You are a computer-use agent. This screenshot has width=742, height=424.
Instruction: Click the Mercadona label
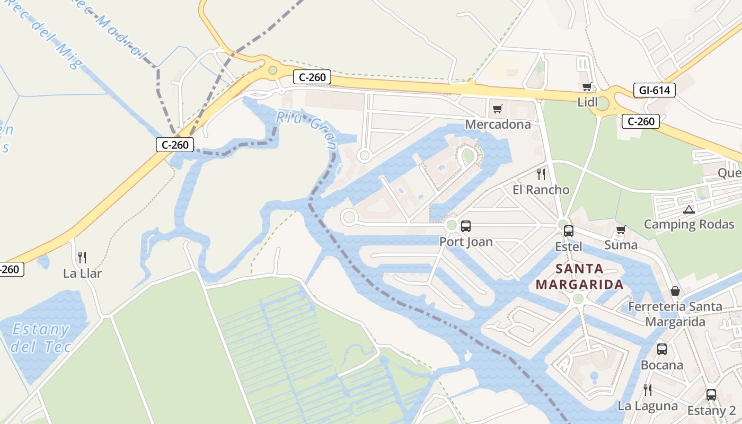pyautogui.click(x=498, y=124)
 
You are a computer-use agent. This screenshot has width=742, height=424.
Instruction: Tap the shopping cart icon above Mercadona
pyautogui.click(x=497, y=109)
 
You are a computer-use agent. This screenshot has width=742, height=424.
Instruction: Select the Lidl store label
pyautogui.click(x=587, y=102)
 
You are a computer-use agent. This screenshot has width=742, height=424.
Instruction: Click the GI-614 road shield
pyautogui.click(x=655, y=90)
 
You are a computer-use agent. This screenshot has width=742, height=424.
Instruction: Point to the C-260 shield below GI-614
pyautogui.click(x=641, y=121)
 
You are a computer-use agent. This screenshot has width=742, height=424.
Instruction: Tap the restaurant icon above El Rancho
pyautogui.click(x=541, y=174)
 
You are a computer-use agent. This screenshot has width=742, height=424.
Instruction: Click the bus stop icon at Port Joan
pyautogui.click(x=466, y=226)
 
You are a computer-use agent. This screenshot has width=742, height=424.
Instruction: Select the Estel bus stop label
pyautogui.click(x=569, y=246)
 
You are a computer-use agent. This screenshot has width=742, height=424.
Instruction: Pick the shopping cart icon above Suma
pyautogui.click(x=621, y=230)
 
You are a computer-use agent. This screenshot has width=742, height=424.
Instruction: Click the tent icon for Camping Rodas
pyautogui.click(x=688, y=209)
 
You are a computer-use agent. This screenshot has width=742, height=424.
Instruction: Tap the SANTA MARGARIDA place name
pyautogui.click(x=579, y=277)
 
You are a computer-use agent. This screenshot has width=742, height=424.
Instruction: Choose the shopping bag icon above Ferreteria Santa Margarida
pyautogui.click(x=675, y=291)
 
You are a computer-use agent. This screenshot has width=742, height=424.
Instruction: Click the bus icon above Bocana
pyautogui.click(x=662, y=349)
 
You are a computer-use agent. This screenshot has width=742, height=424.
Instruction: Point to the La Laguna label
pyautogui.click(x=648, y=406)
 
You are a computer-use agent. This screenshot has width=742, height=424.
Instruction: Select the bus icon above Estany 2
pyautogui.click(x=711, y=395)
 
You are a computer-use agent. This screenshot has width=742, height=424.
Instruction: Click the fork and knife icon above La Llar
pyautogui.click(x=82, y=258)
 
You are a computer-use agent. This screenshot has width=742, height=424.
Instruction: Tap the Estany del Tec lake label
pyautogui.click(x=41, y=338)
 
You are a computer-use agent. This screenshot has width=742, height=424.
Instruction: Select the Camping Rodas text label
pyautogui.click(x=689, y=224)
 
